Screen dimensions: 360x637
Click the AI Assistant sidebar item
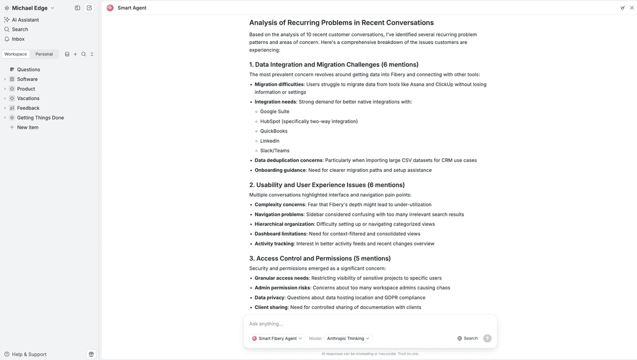click(x=25, y=20)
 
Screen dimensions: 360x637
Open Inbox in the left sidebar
click(x=18, y=39)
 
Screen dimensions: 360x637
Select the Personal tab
click(x=44, y=54)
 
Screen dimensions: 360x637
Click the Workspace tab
click(x=16, y=54)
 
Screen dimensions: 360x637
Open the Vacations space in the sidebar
click(x=28, y=98)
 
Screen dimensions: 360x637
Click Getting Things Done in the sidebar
click(x=40, y=117)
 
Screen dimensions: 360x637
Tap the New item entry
click(x=27, y=127)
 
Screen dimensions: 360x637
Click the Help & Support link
click(x=29, y=354)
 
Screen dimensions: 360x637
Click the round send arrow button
click(x=487, y=339)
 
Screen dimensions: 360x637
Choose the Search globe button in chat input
click(x=467, y=339)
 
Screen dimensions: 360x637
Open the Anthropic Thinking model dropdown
click(x=348, y=339)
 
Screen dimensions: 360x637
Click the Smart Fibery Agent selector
click(x=277, y=339)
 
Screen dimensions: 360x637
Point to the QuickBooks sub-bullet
click(x=273, y=131)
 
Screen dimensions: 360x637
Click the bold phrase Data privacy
click(x=269, y=297)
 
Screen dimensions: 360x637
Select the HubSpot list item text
click(x=309, y=122)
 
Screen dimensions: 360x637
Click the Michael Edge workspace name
click(x=30, y=8)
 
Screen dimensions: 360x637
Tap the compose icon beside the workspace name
click(x=89, y=8)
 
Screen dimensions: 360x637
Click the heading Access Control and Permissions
click(x=320, y=258)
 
